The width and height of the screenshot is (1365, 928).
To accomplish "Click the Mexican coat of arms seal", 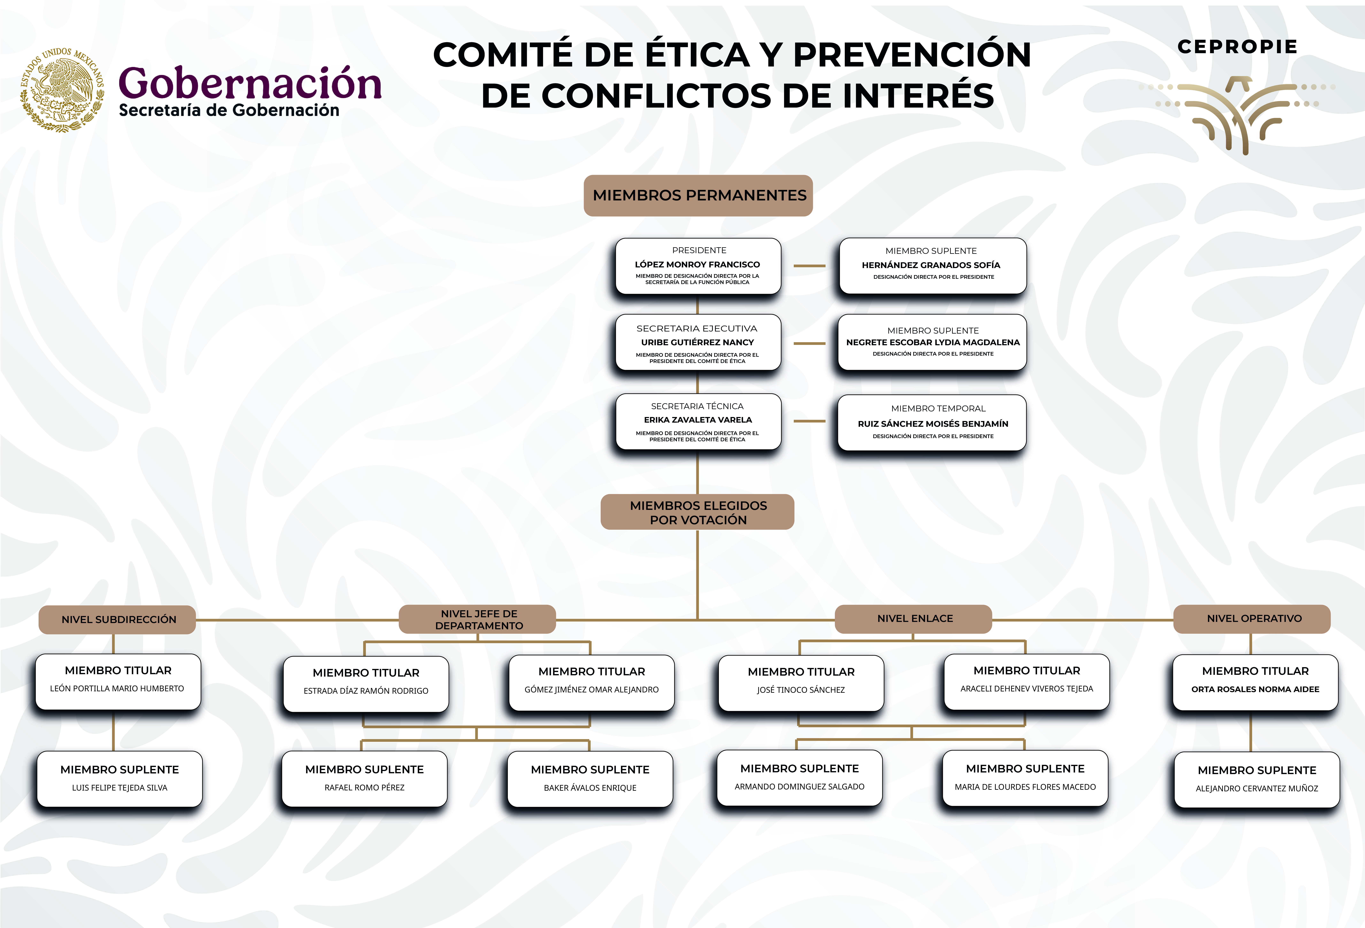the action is point(62,90).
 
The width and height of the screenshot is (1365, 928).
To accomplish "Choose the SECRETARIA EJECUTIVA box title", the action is point(697,328).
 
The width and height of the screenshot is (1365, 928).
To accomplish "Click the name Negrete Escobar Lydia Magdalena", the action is point(933,342).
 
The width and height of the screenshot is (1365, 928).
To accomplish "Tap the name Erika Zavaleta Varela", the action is point(698,420).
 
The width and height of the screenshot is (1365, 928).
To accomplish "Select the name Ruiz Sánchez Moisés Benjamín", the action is point(933,424).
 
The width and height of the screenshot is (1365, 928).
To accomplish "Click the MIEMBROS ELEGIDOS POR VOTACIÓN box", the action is point(698,512).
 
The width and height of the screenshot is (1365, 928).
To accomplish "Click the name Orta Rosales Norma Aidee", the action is point(1255,689).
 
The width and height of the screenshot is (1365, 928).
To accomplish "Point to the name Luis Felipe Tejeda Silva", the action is point(120,788).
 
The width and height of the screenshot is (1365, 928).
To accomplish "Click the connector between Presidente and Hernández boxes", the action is point(809,266).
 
